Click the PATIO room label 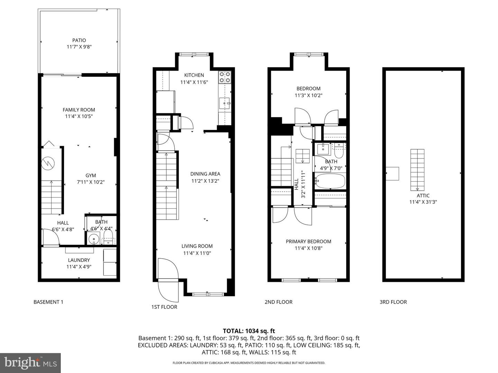click(x=79, y=40)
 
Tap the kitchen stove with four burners click(x=224, y=77)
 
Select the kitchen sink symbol click(x=225, y=103)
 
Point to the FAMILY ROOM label click(x=79, y=110)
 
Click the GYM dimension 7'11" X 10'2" click(x=91, y=182)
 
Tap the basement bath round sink click(x=93, y=239)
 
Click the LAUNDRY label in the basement click(x=79, y=260)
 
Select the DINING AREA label click(x=205, y=174)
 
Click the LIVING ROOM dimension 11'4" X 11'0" click(x=197, y=253)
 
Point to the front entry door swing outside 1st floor click(x=167, y=290)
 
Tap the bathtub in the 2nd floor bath click(x=330, y=181)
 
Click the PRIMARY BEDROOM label click(x=308, y=241)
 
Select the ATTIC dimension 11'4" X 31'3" click(x=423, y=202)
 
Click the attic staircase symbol click(x=417, y=170)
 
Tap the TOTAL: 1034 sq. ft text click(x=249, y=331)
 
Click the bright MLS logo click(x=30, y=363)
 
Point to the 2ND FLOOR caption click(x=278, y=302)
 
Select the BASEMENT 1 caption click(x=48, y=302)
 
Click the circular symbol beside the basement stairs click(x=48, y=163)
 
